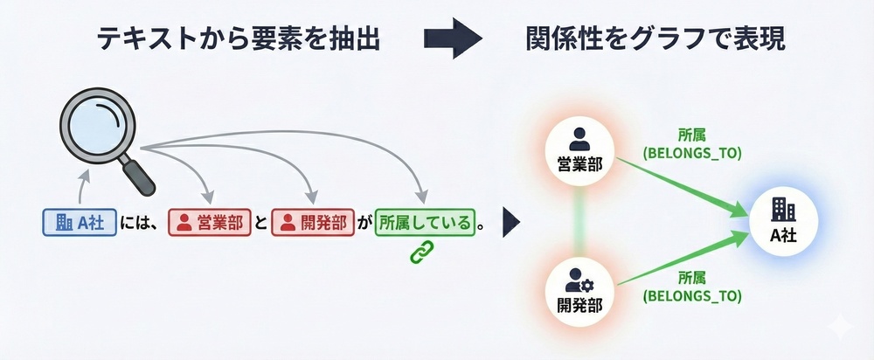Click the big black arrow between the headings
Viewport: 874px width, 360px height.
click(453, 38)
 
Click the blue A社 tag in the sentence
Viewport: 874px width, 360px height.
click(80, 223)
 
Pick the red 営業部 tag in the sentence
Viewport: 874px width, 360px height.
click(207, 223)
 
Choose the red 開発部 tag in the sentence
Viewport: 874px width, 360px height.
click(310, 223)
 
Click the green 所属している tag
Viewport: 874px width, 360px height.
click(424, 223)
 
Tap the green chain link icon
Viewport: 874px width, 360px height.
click(423, 252)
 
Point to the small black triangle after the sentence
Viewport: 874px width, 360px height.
click(511, 223)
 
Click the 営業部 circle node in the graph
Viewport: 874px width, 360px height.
click(579, 149)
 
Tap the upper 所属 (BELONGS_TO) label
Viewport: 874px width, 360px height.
click(691, 144)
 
